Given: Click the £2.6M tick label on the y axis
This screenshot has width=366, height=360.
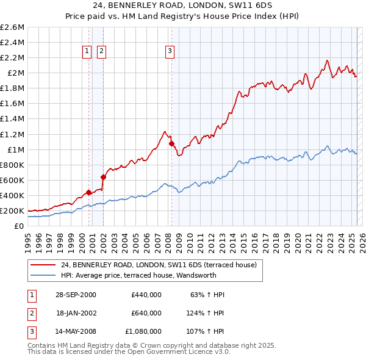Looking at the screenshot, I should [13, 27].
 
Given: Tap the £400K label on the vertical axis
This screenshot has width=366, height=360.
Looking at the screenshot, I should [13, 195].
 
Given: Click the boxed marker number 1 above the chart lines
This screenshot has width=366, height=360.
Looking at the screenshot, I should [88, 52].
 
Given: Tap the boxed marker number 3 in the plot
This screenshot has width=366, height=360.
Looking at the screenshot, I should [170, 52].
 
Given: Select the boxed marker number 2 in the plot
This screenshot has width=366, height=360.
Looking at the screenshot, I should [101, 52].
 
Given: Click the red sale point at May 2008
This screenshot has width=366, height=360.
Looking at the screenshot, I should [171, 144].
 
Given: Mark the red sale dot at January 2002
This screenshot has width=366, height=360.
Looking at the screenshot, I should [103, 178].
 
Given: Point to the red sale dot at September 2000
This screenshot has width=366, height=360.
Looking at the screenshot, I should [89, 192].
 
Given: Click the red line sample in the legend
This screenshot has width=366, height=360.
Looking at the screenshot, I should [43, 265].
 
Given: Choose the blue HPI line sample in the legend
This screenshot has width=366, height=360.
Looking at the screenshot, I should [43, 275].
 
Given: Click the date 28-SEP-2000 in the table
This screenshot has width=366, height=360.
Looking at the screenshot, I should [76, 295].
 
